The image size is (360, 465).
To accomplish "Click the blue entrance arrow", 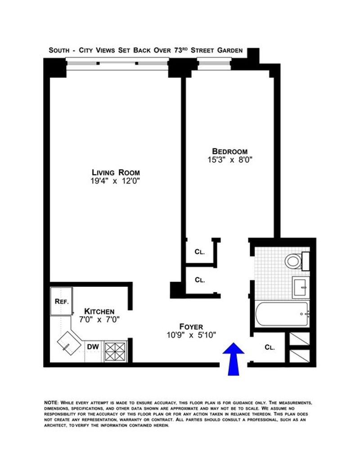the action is [234, 359].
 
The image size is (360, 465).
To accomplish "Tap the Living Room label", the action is [116, 172].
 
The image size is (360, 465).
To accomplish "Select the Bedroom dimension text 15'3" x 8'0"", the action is [229, 160].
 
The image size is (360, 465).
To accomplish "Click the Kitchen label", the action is [99, 311].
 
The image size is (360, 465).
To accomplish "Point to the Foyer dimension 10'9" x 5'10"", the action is [191, 335].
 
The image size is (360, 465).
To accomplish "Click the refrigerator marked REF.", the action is [62, 301].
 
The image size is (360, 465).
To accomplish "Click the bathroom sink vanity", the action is [301, 287].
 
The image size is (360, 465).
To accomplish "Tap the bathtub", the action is [282, 314].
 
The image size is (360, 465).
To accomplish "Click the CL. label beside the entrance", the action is [270, 347].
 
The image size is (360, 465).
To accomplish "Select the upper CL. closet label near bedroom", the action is [199, 252].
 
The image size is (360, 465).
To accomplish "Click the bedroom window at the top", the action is [214, 63].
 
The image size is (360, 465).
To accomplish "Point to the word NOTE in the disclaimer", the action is [51, 402].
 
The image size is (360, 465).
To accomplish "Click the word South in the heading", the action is [59, 50].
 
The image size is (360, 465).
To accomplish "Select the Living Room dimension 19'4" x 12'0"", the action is [115, 181].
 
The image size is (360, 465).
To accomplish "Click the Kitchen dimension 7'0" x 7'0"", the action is [99, 320].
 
